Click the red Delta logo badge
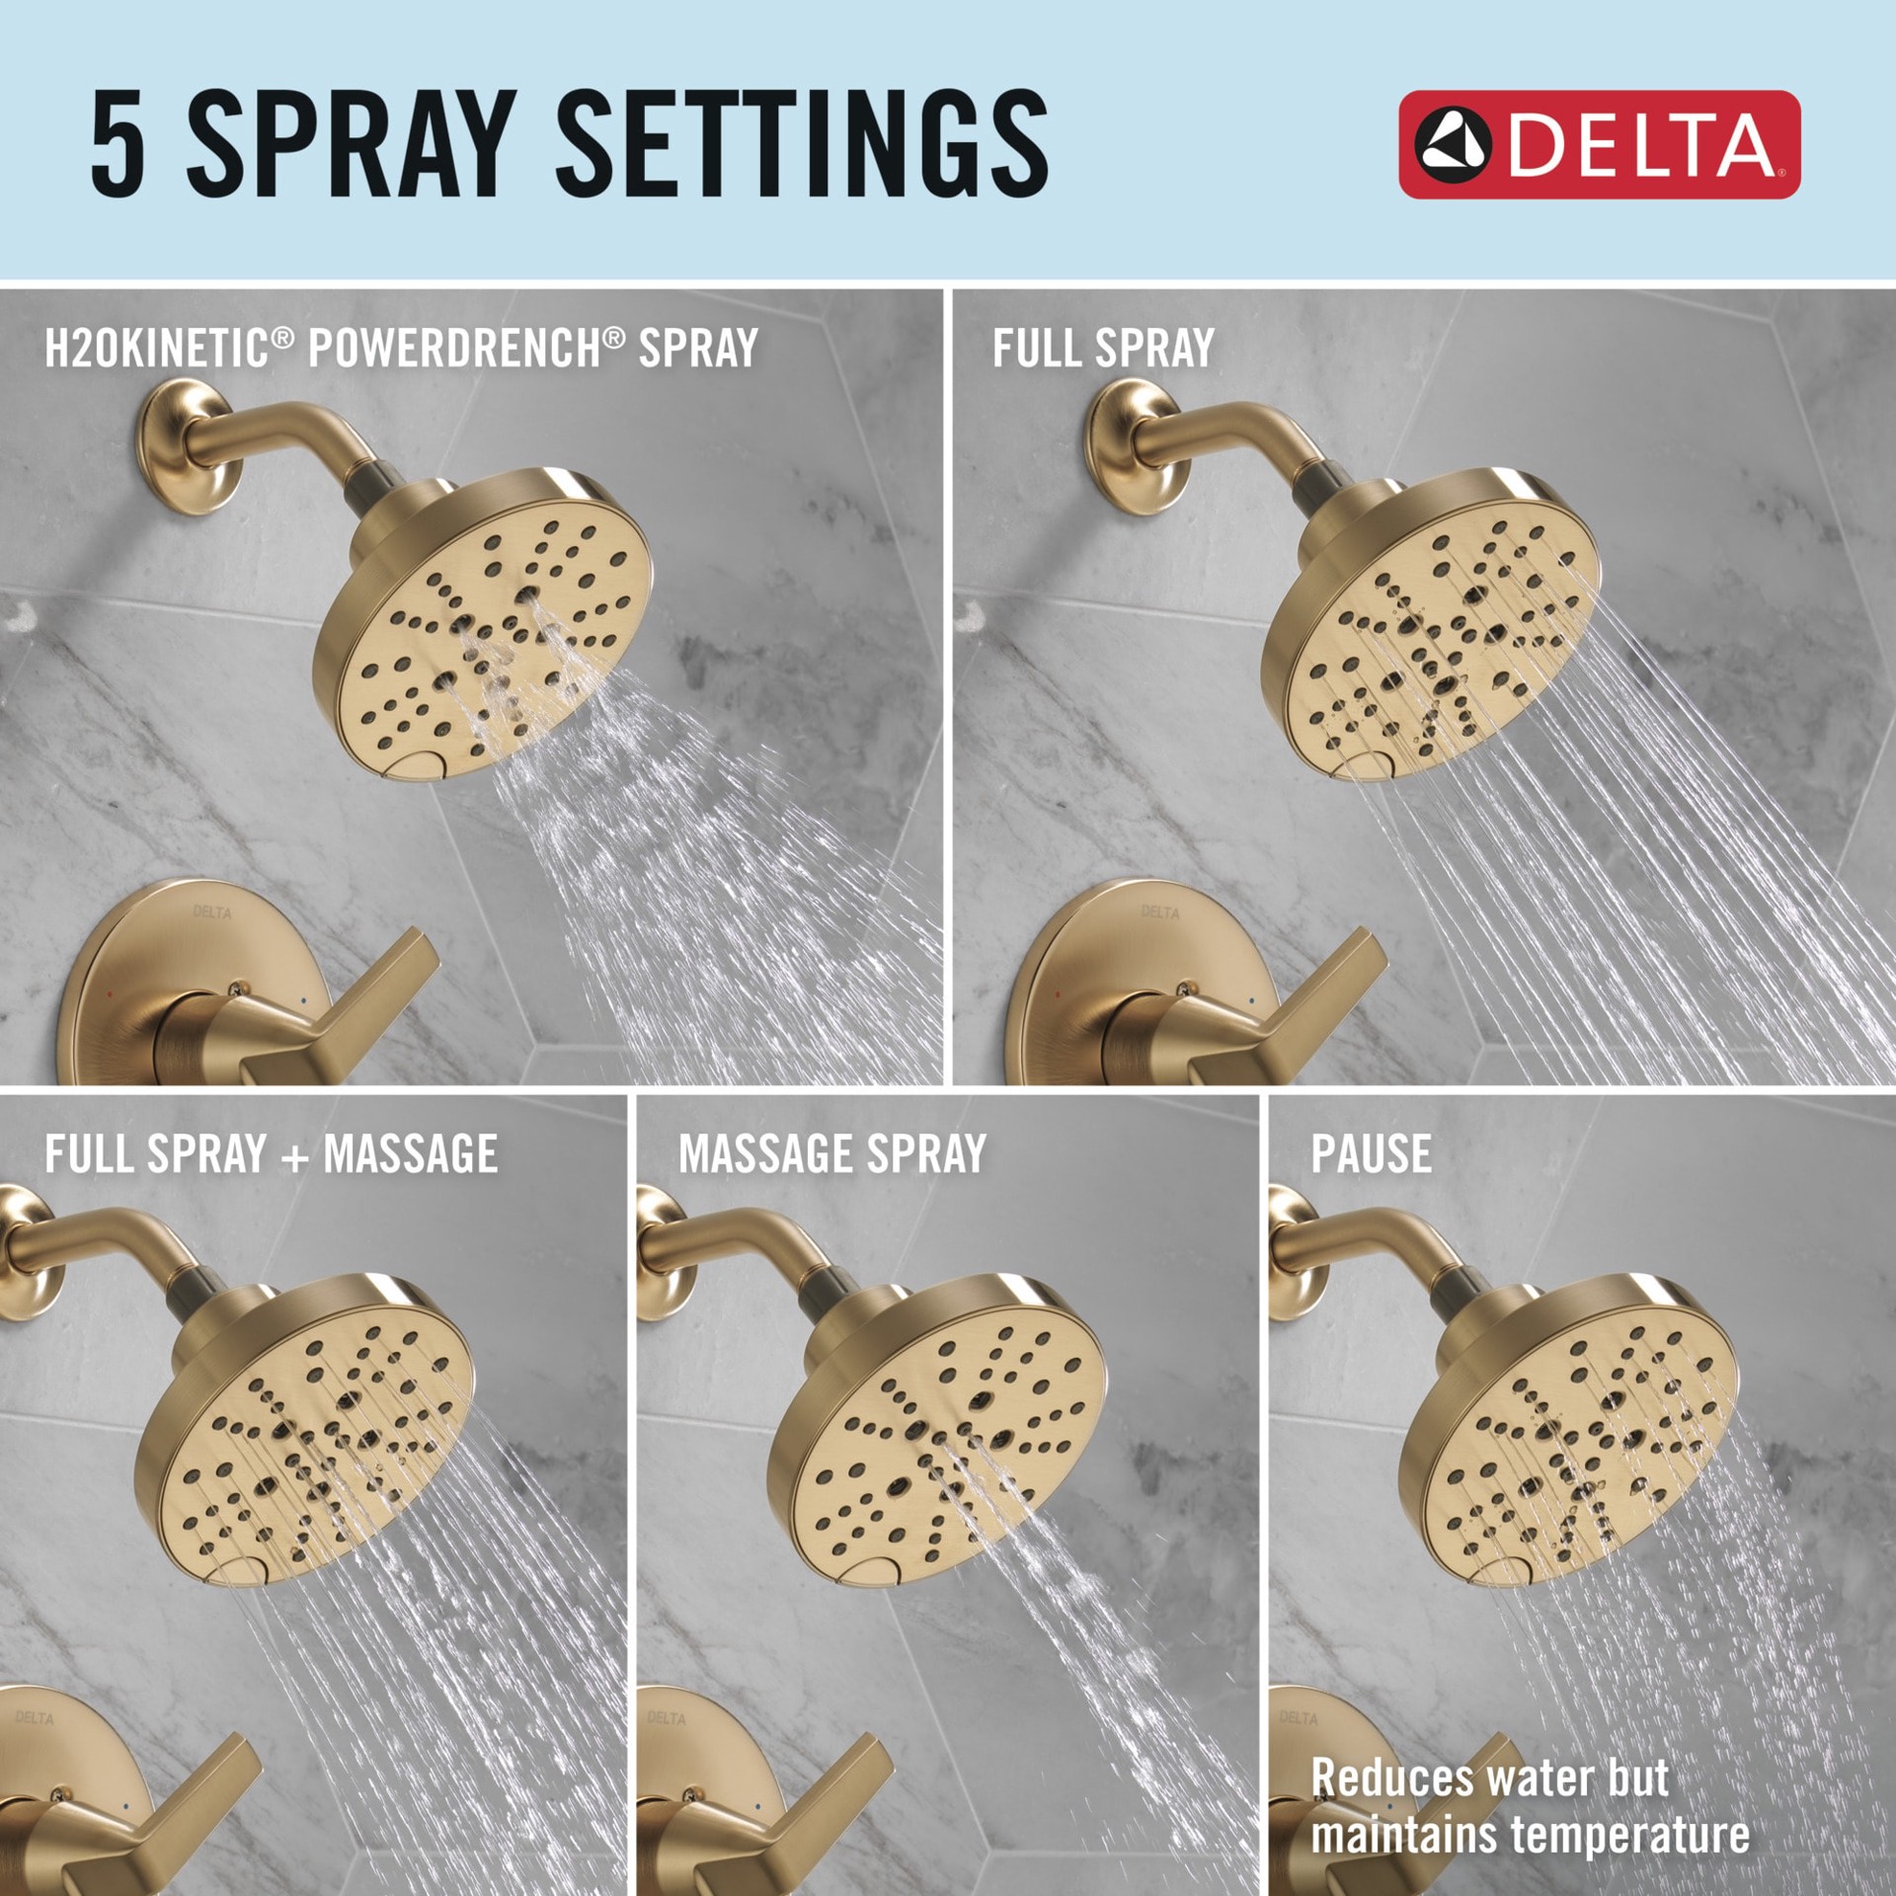pyautogui.click(x=1599, y=144)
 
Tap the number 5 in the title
pyautogui.click(x=118, y=144)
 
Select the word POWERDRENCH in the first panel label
pyautogui.click(x=455, y=348)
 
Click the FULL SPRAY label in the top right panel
pyautogui.click(x=1103, y=348)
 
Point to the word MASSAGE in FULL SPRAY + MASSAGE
pyautogui.click(x=411, y=1153)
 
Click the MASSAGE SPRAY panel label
pyautogui.click(x=832, y=1153)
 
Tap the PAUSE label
pyautogui.click(x=1371, y=1153)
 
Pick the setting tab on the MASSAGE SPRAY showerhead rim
pyautogui.click(x=880, y=1573)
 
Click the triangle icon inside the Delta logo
pyautogui.click(x=1452, y=144)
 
